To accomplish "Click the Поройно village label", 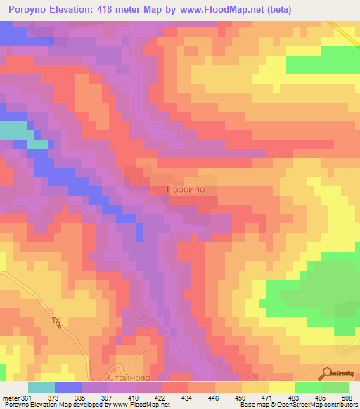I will (x=186, y=189).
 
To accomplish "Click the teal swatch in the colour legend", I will (x=41, y=387).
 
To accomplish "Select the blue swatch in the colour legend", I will (x=68, y=387).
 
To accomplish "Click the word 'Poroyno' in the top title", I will (x=27, y=10).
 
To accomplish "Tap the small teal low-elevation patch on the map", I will (x=15, y=131).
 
